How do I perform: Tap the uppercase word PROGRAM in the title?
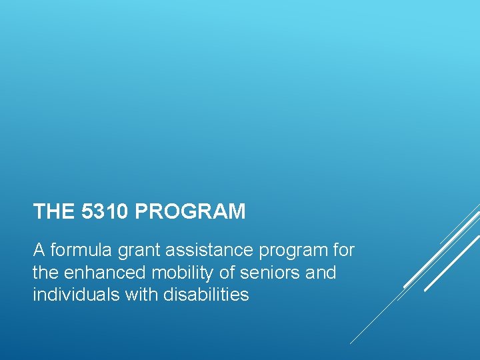(x=190, y=212)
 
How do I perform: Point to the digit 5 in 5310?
(x=87, y=212)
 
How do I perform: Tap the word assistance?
(x=201, y=251)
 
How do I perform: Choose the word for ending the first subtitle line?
(x=343, y=251)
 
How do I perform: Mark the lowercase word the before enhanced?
(x=45, y=273)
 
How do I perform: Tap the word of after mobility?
(x=215, y=273)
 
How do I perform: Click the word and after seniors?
(x=321, y=273)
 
